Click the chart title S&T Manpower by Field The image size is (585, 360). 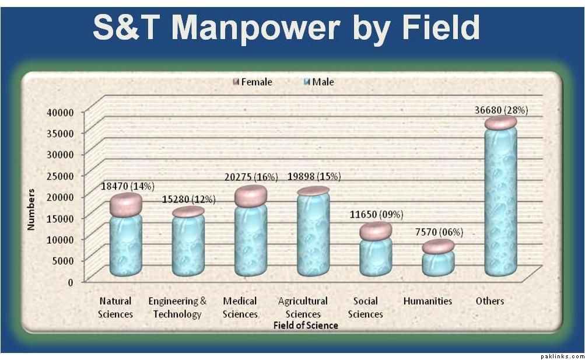coord(286,27)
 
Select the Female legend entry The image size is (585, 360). coord(251,82)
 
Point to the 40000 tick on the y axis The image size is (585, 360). coord(60,111)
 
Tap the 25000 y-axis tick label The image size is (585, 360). coord(60,175)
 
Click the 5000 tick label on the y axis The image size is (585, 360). coord(63,260)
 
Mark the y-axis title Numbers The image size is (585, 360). coord(31,209)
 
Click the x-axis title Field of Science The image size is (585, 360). coord(306,325)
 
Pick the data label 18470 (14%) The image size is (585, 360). coord(127,186)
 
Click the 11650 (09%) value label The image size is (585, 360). coord(376,214)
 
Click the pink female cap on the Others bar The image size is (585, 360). coord(500,123)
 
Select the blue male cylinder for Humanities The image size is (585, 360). coord(438,263)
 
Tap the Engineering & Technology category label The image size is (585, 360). coord(177,307)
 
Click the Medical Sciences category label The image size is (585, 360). coord(240,307)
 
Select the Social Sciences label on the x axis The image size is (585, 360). coord(366,307)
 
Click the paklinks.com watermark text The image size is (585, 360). coord(561,355)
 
